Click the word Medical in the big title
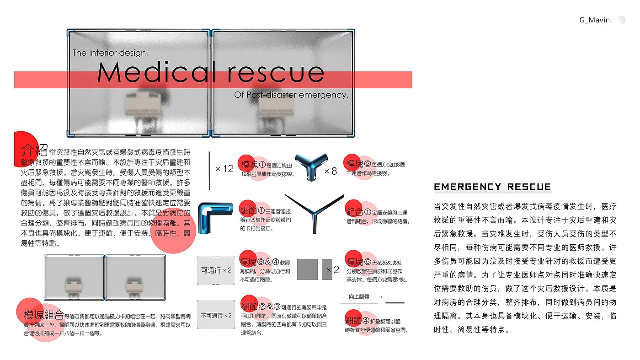click(155, 72)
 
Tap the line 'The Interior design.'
click(110, 53)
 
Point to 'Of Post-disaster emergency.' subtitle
click(291, 95)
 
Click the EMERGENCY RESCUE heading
click(492, 187)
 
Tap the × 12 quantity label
click(224, 169)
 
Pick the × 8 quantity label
click(331, 172)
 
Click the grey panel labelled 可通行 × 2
click(216, 270)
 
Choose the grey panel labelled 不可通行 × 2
click(216, 316)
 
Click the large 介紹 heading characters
click(34, 150)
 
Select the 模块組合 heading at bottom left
click(44, 315)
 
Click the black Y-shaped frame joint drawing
click(315, 212)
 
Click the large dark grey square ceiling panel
click(307, 269)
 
